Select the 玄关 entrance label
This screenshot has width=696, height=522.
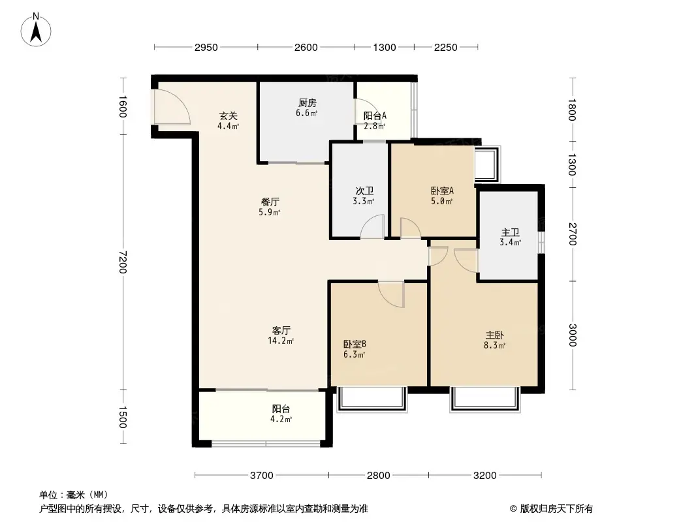(228, 116)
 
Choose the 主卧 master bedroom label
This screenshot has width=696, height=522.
(493, 335)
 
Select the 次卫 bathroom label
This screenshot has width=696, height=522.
(364, 191)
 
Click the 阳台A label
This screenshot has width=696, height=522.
(375, 115)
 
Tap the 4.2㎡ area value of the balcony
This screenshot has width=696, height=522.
(282, 419)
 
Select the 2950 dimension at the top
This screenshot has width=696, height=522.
(206, 47)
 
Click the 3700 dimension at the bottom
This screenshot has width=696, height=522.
(262, 475)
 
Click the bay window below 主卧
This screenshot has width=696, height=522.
(486, 399)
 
